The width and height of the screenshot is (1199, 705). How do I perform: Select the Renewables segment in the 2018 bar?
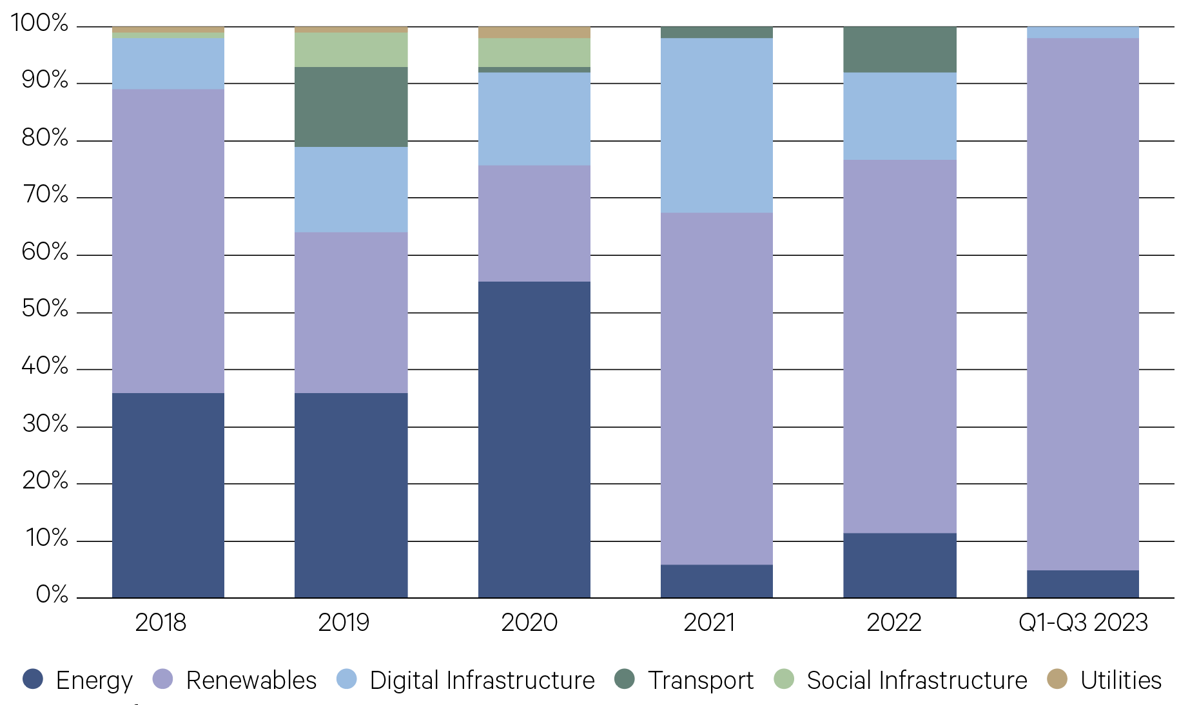tap(168, 241)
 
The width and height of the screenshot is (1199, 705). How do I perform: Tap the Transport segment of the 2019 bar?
tap(351, 107)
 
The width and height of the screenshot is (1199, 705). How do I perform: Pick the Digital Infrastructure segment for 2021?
tap(716, 126)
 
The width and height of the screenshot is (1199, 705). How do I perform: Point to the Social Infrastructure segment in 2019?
tap(351, 50)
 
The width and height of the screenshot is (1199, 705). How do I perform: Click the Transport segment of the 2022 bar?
tap(899, 50)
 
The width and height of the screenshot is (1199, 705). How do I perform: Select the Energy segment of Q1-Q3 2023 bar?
tap(1082, 584)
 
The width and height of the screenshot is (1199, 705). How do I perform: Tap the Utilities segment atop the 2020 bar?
tap(534, 32)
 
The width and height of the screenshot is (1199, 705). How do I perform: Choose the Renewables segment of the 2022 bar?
tap(899, 346)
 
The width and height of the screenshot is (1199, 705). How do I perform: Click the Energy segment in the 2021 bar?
tap(716, 581)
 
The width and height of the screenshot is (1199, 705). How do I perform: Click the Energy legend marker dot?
tap(33, 679)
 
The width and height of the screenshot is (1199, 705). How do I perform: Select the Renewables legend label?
tap(251, 681)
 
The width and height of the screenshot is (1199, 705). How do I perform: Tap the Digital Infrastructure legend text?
tap(482, 681)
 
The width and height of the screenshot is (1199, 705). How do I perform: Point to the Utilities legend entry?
tap(1120, 681)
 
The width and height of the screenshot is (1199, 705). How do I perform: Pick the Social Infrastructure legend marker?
tap(784, 679)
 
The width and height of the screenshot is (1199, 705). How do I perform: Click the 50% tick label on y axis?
tap(45, 309)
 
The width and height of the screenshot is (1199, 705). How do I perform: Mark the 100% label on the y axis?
tap(40, 23)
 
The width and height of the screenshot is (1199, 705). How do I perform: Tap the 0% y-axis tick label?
tap(52, 594)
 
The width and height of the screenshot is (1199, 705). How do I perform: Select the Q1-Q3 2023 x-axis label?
tap(1083, 623)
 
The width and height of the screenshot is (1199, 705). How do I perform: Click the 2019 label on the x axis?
tap(344, 623)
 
